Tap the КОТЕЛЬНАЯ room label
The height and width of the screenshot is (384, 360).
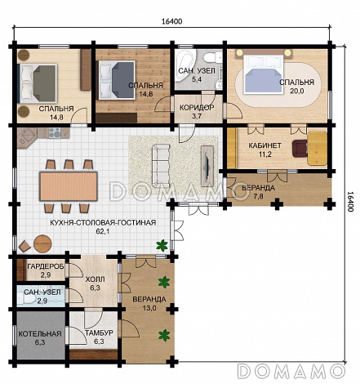pyautogui.click(x=40, y=334)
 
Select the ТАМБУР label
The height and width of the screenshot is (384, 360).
pyautogui.click(x=99, y=333)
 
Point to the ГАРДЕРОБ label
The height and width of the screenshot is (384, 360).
pyautogui.click(x=46, y=266)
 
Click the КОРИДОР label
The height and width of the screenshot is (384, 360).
pyautogui.click(x=197, y=108)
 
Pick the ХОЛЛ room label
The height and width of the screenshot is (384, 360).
pyautogui.click(x=95, y=279)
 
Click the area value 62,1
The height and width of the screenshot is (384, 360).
pyautogui.click(x=103, y=231)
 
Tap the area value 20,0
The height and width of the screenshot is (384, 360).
pyautogui.click(x=296, y=91)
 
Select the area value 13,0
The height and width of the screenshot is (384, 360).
pyautogui.click(x=149, y=308)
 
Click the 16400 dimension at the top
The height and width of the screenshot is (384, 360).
pyautogui.click(x=172, y=21)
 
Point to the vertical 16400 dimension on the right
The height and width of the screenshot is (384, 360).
pyautogui.click(x=350, y=202)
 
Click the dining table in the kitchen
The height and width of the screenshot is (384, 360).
pyautogui.click(x=69, y=186)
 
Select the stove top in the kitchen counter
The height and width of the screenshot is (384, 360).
pyautogui.click(x=54, y=132)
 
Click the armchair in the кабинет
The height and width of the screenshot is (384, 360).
pyautogui.click(x=299, y=149)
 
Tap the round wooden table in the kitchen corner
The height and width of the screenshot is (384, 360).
pyautogui.click(x=42, y=243)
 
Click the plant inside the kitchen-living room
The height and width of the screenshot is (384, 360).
pyautogui.click(x=162, y=245)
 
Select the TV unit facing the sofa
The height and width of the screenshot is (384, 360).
pyautogui.click(x=207, y=166)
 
